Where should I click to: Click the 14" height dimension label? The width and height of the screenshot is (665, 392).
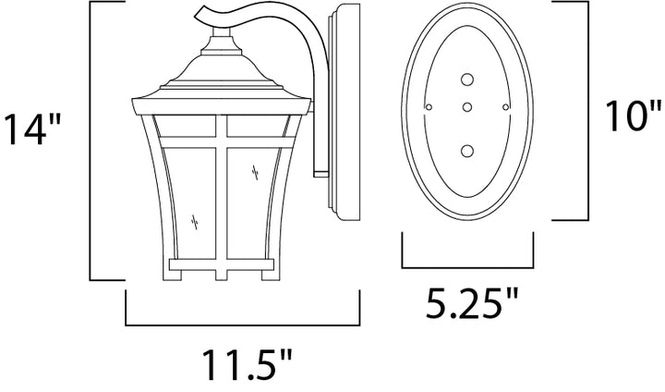coord(32,129)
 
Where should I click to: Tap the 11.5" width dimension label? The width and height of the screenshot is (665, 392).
coord(247,365)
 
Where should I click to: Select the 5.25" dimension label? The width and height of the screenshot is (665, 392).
coord(472,303)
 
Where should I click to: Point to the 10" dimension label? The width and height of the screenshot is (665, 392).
coord(633,116)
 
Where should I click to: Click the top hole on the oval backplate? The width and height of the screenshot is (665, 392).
coord(467,80)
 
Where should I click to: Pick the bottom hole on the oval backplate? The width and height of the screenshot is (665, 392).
coord(467,151)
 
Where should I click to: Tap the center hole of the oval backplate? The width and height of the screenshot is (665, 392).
coord(467,107)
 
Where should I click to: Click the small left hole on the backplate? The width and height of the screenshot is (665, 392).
coord(429,107)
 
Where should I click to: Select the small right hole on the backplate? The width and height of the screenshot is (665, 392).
coord(505,107)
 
